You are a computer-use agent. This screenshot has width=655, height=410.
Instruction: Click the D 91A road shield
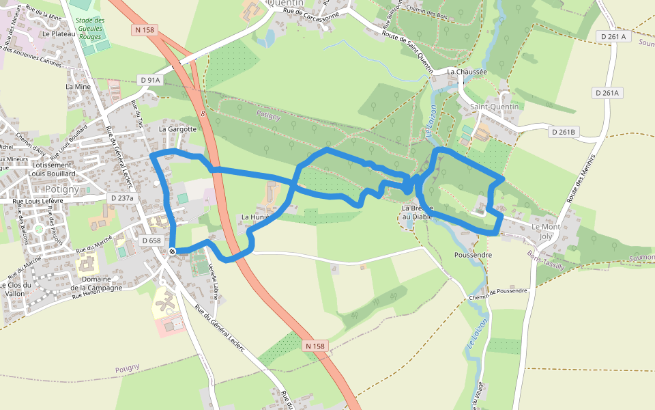[150, 80]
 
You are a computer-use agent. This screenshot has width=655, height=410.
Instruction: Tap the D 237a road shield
[123, 198]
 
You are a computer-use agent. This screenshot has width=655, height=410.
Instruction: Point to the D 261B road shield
[564, 131]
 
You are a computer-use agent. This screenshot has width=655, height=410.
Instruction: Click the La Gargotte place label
[177, 128]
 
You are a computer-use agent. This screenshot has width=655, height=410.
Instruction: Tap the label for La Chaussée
[467, 71]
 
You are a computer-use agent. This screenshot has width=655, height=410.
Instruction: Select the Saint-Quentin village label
[495, 107]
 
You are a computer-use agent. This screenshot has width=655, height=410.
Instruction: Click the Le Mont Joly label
[546, 231]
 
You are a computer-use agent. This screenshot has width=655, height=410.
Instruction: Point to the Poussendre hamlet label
[473, 254]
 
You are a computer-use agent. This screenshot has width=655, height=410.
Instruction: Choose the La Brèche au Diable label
[418, 212]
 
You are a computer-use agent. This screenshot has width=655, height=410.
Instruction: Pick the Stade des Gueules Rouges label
[90, 29]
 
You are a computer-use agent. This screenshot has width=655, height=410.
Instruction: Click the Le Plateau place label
[58, 33]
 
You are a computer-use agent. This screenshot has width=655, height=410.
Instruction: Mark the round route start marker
[172, 251]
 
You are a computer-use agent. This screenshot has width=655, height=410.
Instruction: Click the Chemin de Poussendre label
[498, 293]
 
